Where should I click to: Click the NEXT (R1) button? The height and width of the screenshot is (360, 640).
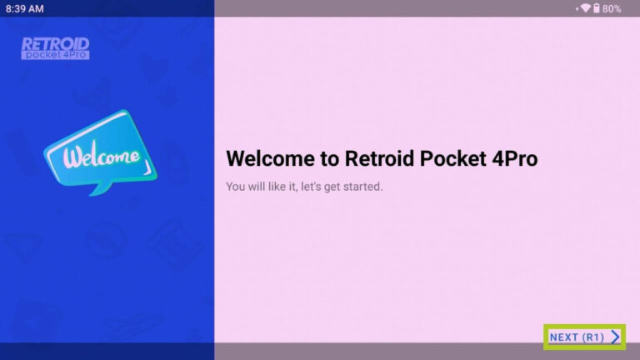(583, 337)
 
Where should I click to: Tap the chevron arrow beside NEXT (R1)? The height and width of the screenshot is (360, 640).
(615, 337)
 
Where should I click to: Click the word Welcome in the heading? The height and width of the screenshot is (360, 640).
(267, 158)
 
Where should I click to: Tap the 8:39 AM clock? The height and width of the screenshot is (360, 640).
(25, 8)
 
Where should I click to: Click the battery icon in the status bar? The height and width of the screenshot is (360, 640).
(597, 8)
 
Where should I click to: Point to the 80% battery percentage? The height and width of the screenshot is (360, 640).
(612, 8)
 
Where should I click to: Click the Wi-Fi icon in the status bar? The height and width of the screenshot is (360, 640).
(585, 8)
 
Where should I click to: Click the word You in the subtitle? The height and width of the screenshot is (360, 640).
(235, 187)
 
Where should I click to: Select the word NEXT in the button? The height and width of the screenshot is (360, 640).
(563, 337)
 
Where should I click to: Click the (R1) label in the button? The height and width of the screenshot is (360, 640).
(592, 337)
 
